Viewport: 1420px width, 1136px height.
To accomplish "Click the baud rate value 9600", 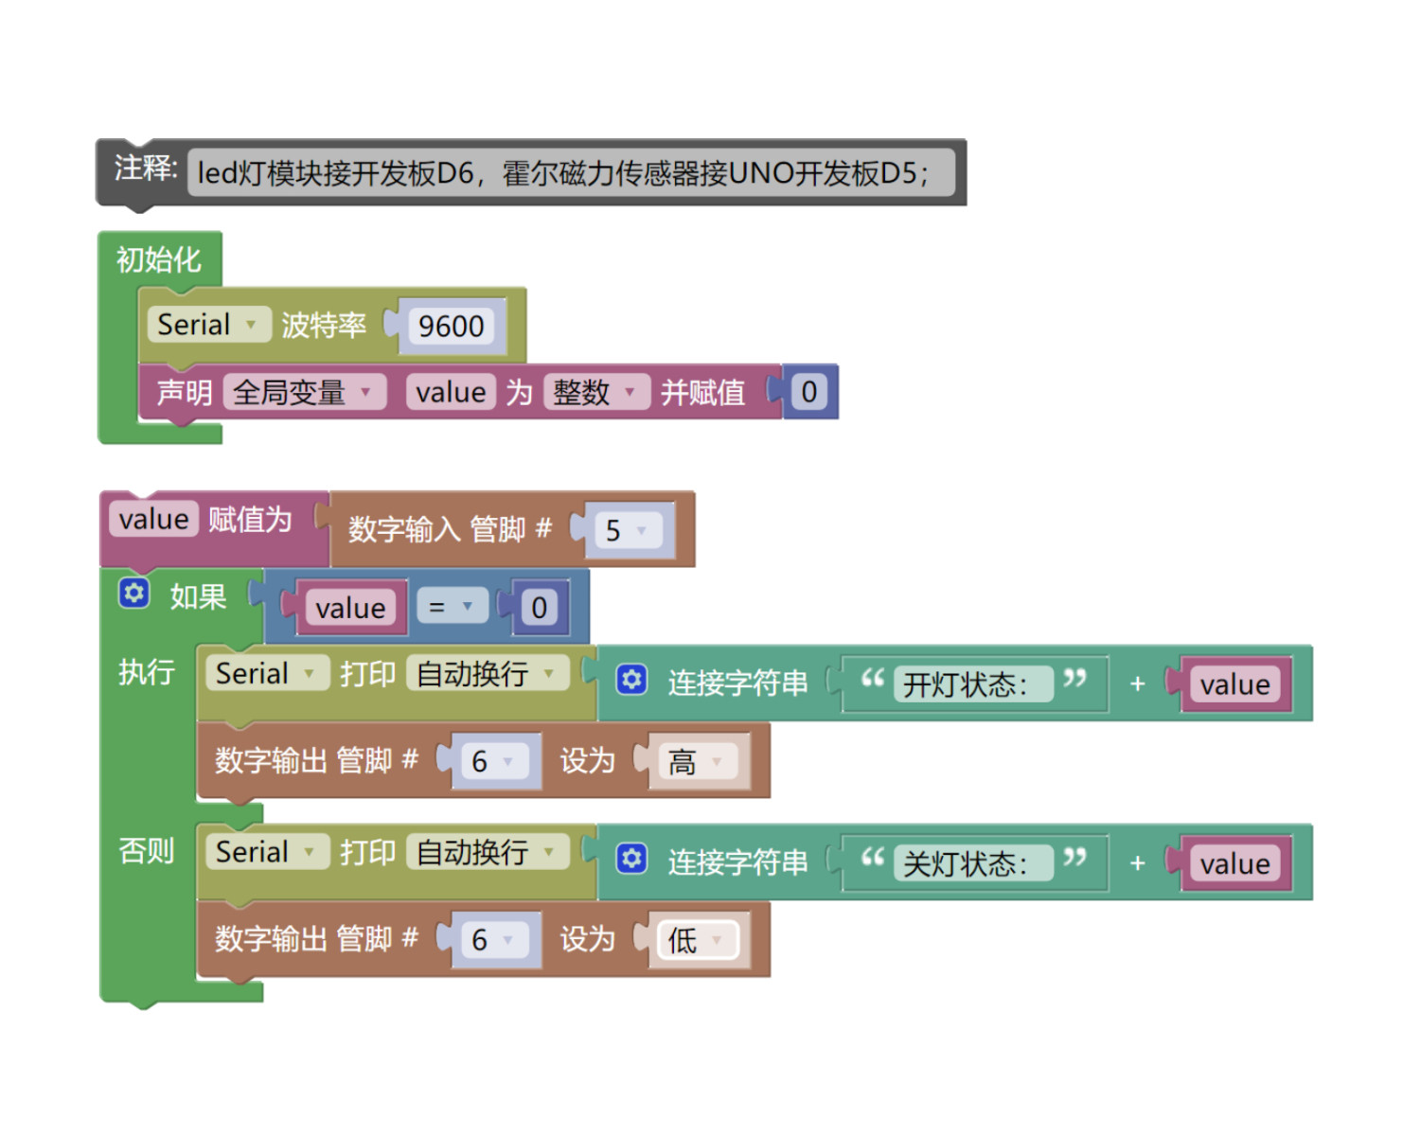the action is point(452,326).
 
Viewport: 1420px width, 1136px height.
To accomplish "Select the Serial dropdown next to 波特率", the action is point(209,324).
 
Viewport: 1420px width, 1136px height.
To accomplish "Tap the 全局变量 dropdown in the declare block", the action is point(304,392).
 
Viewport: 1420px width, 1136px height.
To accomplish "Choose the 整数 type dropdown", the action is point(596,392).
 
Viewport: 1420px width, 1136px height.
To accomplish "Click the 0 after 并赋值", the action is point(809,391).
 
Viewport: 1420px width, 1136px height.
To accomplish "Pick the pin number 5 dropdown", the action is point(629,530).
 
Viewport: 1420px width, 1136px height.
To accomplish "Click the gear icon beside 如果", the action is point(133,593).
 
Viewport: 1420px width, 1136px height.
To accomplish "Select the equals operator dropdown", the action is point(453,606).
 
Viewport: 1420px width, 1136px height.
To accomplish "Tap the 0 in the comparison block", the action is point(539,607).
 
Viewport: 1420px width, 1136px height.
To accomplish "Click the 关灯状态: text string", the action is point(973,862).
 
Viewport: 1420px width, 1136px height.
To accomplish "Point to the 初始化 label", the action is point(158,259).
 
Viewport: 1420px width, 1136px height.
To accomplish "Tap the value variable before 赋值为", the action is point(153,519).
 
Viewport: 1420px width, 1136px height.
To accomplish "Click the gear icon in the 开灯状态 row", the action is point(631,679).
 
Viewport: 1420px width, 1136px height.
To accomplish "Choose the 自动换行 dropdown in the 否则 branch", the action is point(487,851).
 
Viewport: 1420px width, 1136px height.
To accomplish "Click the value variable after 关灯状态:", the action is point(1235,863).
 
